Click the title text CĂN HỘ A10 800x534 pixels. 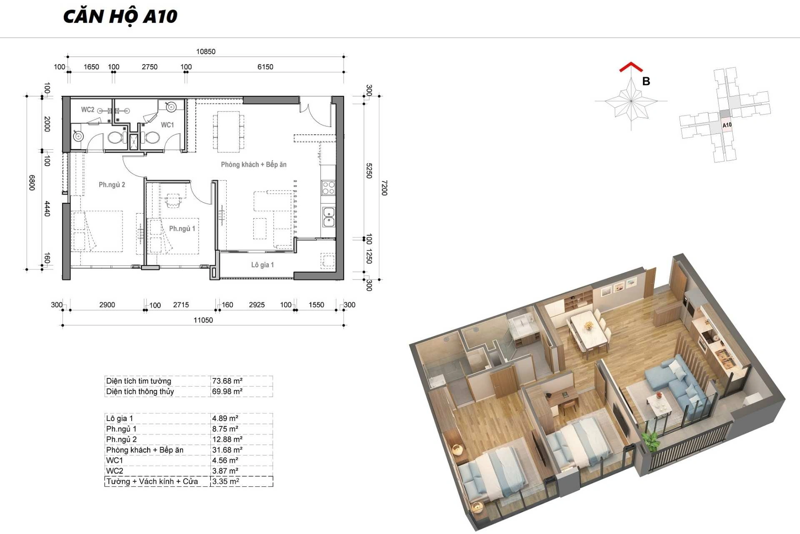point(120,17)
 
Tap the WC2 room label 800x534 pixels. point(87,110)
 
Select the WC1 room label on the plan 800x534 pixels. point(167,125)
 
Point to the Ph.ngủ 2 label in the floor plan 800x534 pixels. point(112,185)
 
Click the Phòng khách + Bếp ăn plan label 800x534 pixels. point(254,164)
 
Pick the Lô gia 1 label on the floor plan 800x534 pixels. point(262,265)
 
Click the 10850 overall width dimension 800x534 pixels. point(206,52)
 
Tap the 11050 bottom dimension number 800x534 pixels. point(203,320)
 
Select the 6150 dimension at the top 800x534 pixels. point(265,67)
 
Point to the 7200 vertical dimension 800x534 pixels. point(384,188)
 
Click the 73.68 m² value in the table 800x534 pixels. point(227,381)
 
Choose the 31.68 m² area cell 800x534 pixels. point(227,450)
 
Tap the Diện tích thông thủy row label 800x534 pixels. point(140,391)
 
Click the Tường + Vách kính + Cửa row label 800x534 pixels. point(152,481)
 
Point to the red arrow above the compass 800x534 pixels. point(631,67)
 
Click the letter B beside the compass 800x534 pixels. point(646,81)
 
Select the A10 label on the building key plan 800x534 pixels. point(727,125)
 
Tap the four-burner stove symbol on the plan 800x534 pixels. point(328,188)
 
